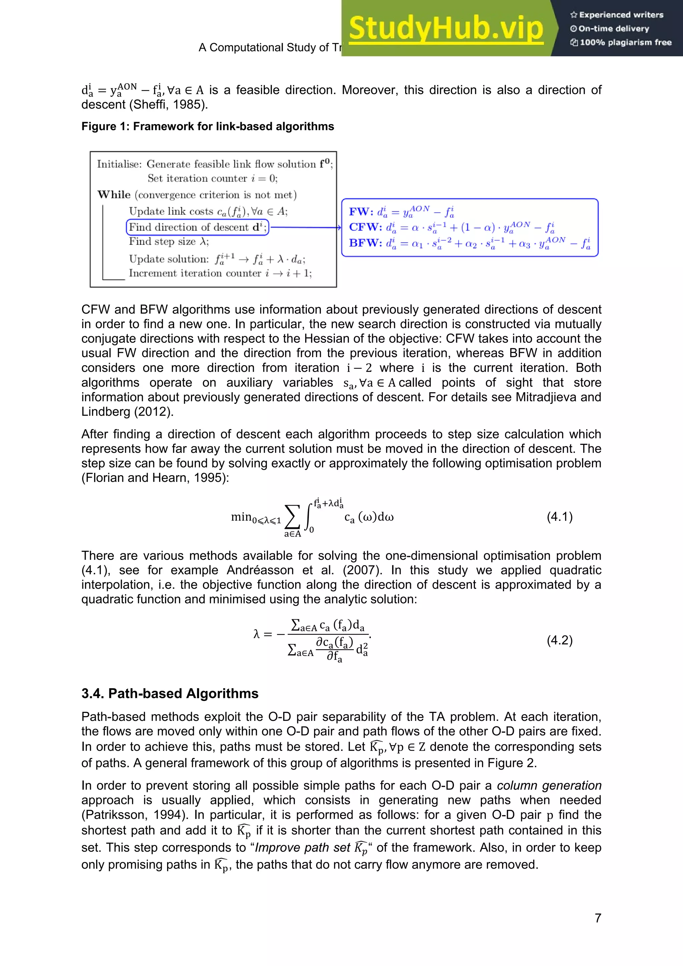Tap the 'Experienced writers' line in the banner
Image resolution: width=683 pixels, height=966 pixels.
point(617,15)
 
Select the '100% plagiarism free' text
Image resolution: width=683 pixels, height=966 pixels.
point(621,42)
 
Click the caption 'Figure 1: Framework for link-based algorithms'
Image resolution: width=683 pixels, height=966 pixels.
point(207,127)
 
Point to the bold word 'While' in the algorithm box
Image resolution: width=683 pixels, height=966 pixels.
point(114,194)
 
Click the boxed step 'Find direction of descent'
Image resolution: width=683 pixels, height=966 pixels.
point(197,227)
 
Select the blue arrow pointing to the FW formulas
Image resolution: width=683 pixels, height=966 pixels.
point(305,227)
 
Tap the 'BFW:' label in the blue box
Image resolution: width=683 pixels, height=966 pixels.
point(365,243)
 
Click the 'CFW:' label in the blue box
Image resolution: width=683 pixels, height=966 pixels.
point(365,227)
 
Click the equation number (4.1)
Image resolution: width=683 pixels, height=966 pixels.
point(559,517)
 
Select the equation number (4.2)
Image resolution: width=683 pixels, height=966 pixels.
point(559,640)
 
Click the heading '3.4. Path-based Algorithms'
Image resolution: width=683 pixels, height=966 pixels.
point(170,693)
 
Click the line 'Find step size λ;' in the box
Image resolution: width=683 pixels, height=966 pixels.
point(168,241)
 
